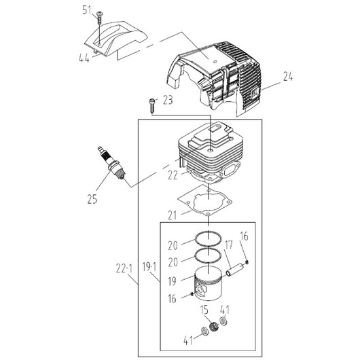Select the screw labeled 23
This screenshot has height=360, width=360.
point(152,105)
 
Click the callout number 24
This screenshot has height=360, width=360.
point(288,77)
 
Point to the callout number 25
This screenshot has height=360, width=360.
point(92,198)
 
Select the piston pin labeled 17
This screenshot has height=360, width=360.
point(236,268)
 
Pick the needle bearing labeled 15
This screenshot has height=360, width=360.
point(213,325)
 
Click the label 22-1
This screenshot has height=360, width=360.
point(124,268)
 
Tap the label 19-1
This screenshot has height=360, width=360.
point(149,267)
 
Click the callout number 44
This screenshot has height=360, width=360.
point(84,58)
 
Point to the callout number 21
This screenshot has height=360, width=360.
point(173,215)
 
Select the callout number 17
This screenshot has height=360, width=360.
point(228,245)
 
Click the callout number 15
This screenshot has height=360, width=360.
point(204,310)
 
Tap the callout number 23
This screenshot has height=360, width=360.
point(168,100)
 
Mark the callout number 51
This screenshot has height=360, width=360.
point(87,10)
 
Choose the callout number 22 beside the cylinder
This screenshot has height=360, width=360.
point(173,176)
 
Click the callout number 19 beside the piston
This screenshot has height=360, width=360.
point(173,281)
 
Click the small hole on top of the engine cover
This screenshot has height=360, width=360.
point(215,62)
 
